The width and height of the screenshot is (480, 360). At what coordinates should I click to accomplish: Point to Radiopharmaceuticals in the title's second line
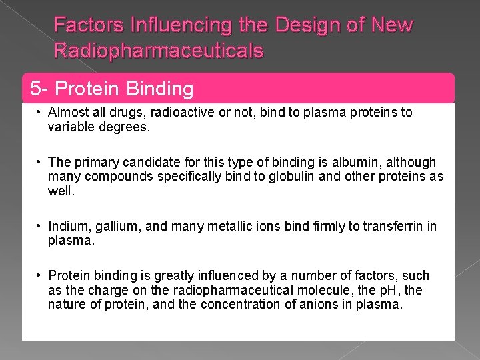pyautogui.click(x=159, y=51)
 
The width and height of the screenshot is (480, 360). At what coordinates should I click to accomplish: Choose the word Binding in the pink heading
pyautogui.click(x=159, y=88)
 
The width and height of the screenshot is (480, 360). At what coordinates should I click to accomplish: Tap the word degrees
pyautogui.click(x=124, y=127)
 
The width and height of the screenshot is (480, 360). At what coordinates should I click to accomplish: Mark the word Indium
pyautogui.click(x=67, y=227)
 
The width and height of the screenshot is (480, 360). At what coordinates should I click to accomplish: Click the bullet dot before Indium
pyautogui.click(x=41, y=227)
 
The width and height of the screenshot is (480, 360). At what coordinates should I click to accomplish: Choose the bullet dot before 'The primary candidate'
pyautogui.click(x=41, y=162)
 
